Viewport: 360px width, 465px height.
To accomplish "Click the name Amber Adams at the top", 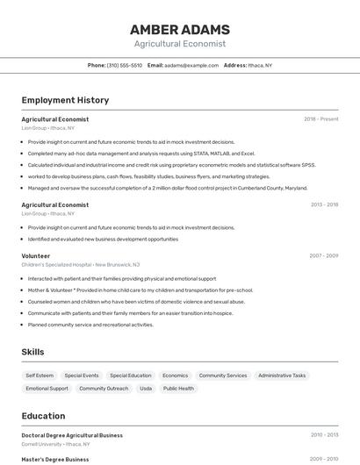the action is pyautogui.click(x=179, y=29).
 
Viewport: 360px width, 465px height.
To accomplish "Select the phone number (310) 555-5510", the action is pyautogui.click(x=125, y=66).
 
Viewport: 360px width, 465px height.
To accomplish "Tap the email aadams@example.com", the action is pyautogui.click(x=190, y=66).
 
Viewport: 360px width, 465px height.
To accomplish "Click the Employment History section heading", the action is pyautogui.click(x=65, y=101).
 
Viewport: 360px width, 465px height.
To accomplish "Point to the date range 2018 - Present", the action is pyautogui.click(x=320, y=119).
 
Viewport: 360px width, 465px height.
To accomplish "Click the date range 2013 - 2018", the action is pyautogui.click(x=324, y=204).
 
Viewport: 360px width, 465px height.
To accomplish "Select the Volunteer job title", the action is pyautogui.click(x=36, y=256).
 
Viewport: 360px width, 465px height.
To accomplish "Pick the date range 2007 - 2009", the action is pyautogui.click(x=323, y=256).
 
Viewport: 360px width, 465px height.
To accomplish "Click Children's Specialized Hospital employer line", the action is pyautogui.click(x=81, y=264).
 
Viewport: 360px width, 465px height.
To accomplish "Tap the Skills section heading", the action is pyautogui.click(x=33, y=352).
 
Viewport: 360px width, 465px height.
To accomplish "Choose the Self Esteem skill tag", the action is pyautogui.click(x=40, y=376).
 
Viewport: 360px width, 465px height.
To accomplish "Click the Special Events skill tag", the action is pyautogui.click(x=82, y=376).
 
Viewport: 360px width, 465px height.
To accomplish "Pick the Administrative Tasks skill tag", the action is pyautogui.click(x=282, y=376).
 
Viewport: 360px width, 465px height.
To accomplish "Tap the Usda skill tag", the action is pyautogui.click(x=146, y=389).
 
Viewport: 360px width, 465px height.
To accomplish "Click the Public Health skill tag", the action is pyautogui.click(x=178, y=389).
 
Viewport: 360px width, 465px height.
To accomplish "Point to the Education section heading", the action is pyautogui.click(x=43, y=416).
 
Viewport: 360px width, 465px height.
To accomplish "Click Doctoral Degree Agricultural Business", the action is pyautogui.click(x=72, y=435).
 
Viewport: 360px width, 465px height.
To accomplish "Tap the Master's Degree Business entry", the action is pyautogui.click(x=55, y=459).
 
